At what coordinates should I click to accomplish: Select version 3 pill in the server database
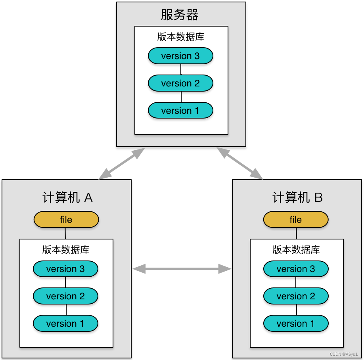[x=180, y=56]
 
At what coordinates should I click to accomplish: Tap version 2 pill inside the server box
[x=180, y=83]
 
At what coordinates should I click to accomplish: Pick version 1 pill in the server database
[x=180, y=111]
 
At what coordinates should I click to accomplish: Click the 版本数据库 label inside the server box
[x=181, y=37]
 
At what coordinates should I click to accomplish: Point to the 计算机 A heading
[x=67, y=197]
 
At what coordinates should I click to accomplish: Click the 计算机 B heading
[x=297, y=197]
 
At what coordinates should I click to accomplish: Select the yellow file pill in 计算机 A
[x=66, y=220]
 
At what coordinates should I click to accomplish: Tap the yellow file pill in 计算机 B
[x=296, y=220]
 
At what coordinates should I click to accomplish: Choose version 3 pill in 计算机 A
[x=65, y=269]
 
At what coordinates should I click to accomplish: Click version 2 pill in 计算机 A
[x=65, y=296]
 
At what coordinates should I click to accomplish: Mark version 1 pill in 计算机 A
[x=65, y=324]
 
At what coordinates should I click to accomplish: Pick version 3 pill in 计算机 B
[x=296, y=269]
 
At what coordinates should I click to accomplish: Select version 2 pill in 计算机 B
[x=296, y=296]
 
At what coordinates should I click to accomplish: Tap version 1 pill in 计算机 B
[x=296, y=324]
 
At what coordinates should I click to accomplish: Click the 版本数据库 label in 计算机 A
[x=66, y=250]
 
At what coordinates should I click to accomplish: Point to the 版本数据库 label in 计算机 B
[x=296, y=250]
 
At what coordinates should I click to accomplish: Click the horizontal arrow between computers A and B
[x=182, y=269]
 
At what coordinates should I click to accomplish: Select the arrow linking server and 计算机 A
[x=122, y=163]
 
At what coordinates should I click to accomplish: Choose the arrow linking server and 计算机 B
[x=240, y=163]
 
